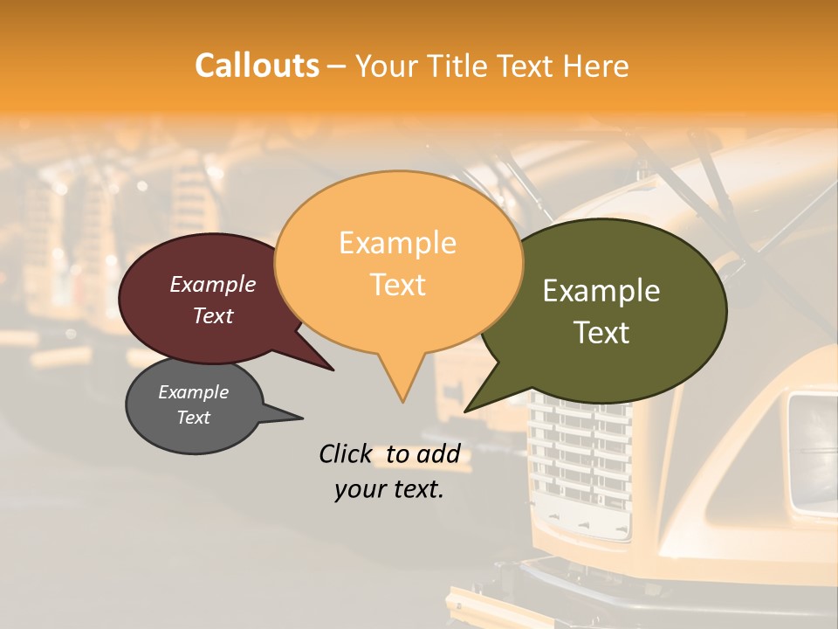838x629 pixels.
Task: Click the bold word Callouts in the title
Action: (x=257, y=66)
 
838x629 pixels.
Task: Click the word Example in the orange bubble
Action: (x=397, y=243)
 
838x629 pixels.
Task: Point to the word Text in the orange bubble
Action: (x=398, y=285)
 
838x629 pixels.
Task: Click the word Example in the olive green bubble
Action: (x=601, y=291)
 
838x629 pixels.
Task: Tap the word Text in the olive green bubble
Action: (x=601, y=333)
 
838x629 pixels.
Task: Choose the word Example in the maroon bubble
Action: (x=213, y=284)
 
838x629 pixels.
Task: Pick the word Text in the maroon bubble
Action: (x=213, y=315)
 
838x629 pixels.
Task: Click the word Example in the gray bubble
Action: (x=193, y=392)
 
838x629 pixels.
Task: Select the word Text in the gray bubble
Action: (x=193, y=418)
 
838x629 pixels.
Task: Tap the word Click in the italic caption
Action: (x=345, y=453)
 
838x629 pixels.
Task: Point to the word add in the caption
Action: (x=438, y=453)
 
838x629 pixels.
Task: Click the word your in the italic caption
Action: (x=360, y=489)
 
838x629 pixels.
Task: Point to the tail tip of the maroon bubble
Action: (x=333, y=370)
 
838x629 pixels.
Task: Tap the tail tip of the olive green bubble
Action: (x=465, y=411)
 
